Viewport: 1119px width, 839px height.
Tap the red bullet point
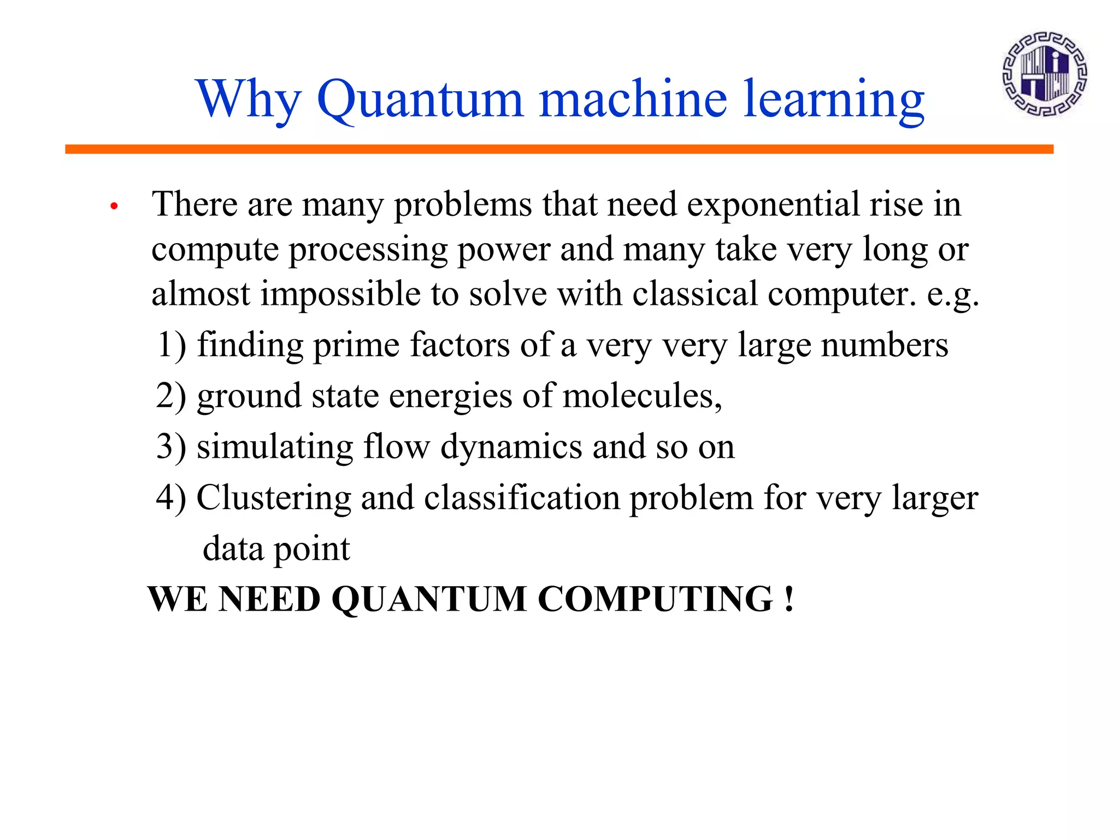(114, 206)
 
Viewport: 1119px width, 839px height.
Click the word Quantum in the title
(420, 99)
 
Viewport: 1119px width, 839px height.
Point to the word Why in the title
(249, 101)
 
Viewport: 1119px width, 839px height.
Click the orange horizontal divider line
(559, 149)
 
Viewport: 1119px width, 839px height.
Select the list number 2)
(171, 396)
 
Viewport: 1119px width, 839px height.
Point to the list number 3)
(171, 447)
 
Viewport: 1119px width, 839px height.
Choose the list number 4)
(171, 498)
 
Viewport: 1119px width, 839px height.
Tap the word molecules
(642, 396)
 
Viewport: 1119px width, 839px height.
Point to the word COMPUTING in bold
(655, 599)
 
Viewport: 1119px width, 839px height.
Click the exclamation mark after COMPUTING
(788, 599)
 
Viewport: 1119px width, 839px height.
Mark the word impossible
(340, 295)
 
